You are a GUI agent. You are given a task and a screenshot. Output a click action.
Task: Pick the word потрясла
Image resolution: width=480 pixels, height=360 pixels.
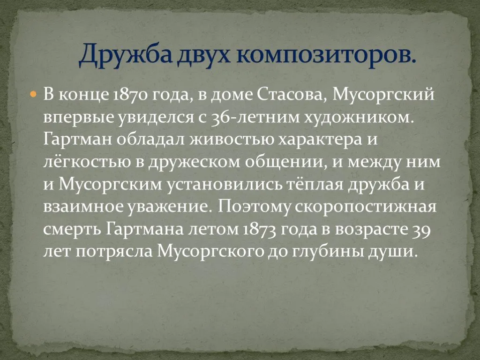113,252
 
